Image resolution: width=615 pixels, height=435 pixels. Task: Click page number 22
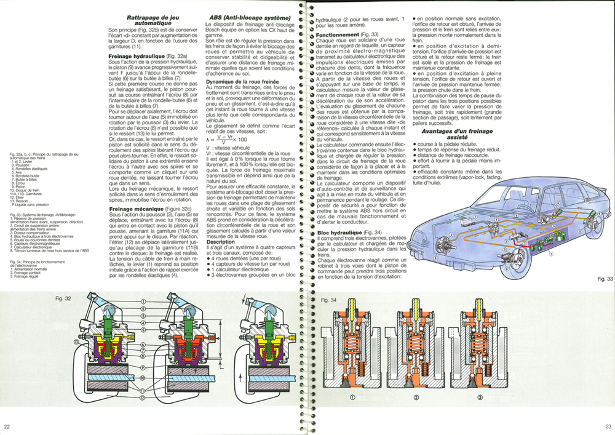coord(7,427)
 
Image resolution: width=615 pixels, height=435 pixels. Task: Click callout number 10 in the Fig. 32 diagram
coord(143,378)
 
